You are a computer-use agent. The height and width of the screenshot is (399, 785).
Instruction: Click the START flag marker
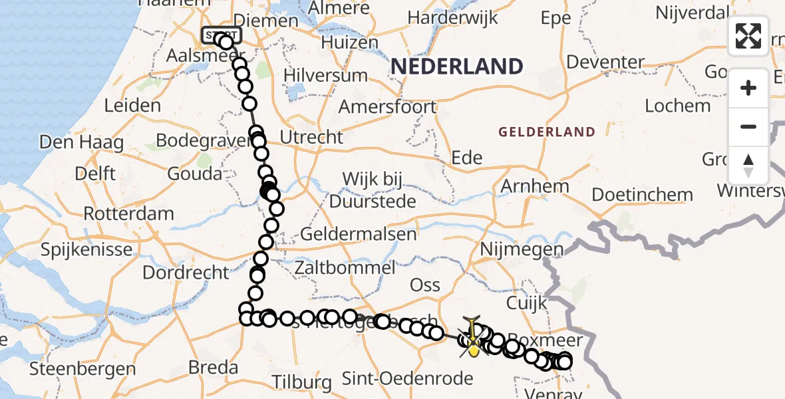pos(222,35)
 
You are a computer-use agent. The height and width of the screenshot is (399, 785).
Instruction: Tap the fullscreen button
pos(748,36)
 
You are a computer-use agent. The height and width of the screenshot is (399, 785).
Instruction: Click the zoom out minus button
pos(748,126)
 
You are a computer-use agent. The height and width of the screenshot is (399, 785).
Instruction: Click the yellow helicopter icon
pos(473,338)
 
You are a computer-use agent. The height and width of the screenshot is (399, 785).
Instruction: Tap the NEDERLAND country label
pos(456,66)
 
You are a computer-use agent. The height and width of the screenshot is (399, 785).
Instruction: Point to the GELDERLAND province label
pos(547,132)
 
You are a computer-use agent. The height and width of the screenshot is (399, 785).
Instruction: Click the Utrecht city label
pos(312,137)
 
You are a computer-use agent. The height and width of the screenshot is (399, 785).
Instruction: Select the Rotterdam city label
pos(129,214)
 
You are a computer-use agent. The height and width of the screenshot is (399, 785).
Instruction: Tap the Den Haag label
pos(82,142)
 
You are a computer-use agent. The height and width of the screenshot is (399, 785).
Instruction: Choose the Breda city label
pos(213,367)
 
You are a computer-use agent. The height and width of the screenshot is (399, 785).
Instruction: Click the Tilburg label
pos(303,382)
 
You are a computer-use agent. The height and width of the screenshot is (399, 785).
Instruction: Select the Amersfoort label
pos(387,106)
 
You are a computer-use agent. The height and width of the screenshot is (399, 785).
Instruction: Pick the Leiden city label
pos(133,105)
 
